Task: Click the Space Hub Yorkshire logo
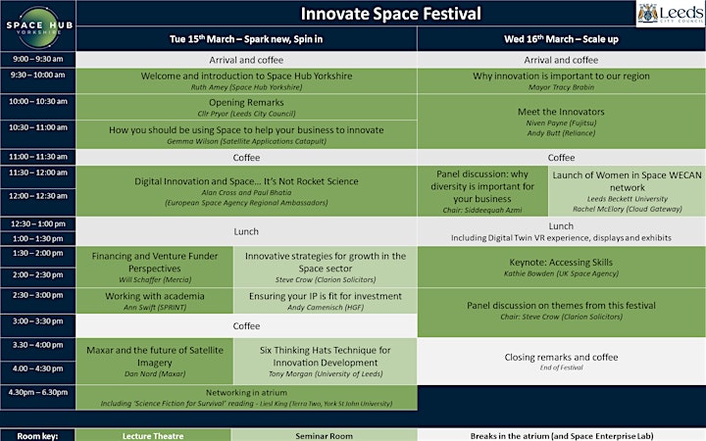point(38,26)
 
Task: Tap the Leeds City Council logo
point(671,14)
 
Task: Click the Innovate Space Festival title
point(390,14)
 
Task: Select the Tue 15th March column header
point(246,39)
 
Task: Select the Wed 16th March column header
point(561,39)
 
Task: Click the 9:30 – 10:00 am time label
point(38,75)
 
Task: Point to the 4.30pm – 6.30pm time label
point(38,392)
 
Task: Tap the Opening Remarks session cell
point(246,107)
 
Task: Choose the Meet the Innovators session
point(561,122)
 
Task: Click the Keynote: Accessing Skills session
point(561,267)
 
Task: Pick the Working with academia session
point(155,301)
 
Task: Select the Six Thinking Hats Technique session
point(326,362)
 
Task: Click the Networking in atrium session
point(246,397)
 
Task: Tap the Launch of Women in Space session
point(627,191)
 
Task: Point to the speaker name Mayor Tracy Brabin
point(561,87)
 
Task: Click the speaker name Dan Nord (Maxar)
point(155,374)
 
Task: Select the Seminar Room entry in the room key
point(325,435)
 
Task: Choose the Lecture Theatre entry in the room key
point(153,435)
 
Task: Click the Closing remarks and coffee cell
point(561,362)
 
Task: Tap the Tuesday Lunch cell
point(246,231)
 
